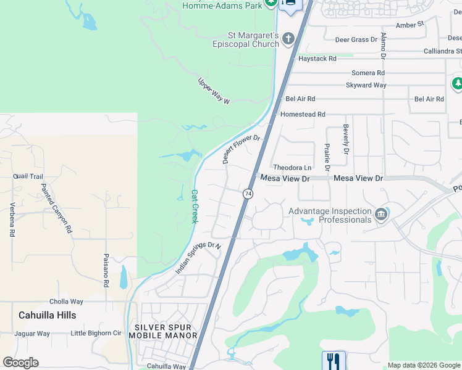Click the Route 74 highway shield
pyautogui.click(x=248, y=194)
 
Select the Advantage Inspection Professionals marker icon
pyautogui.click(x=380, y=215)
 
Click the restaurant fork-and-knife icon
pyautogui.click(x=334, y=360)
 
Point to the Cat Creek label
pyautogui.click(x=194, y=206)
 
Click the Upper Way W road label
pyautogui.click(x=214, y=91)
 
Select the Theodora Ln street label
pyautogui.click(x=292, y=167)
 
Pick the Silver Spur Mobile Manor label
pyautogui.click(x=163, y=331)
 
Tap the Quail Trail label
pyautogui.click(x=28, y=176)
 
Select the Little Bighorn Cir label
pyautogui.click(x=96, y=334)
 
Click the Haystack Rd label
pyautogui.click(x=317, y=59)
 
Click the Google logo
pyautogui.click(x=20, y=363)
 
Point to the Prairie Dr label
pyautogui.click(x=327, y=157)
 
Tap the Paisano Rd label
pyautogui.click(x=106, y=271)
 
